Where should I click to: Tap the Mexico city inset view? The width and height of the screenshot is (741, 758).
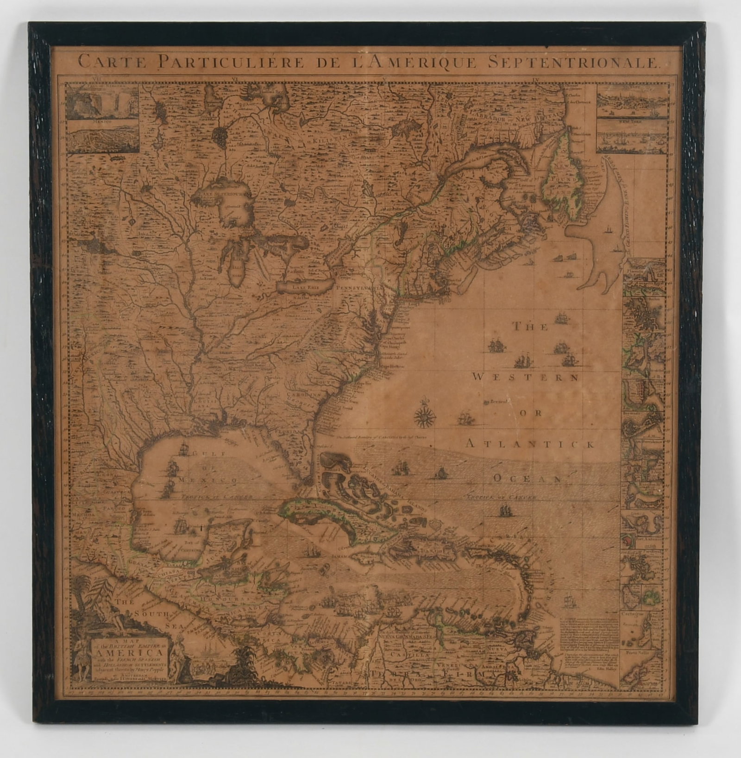[103, 137]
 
